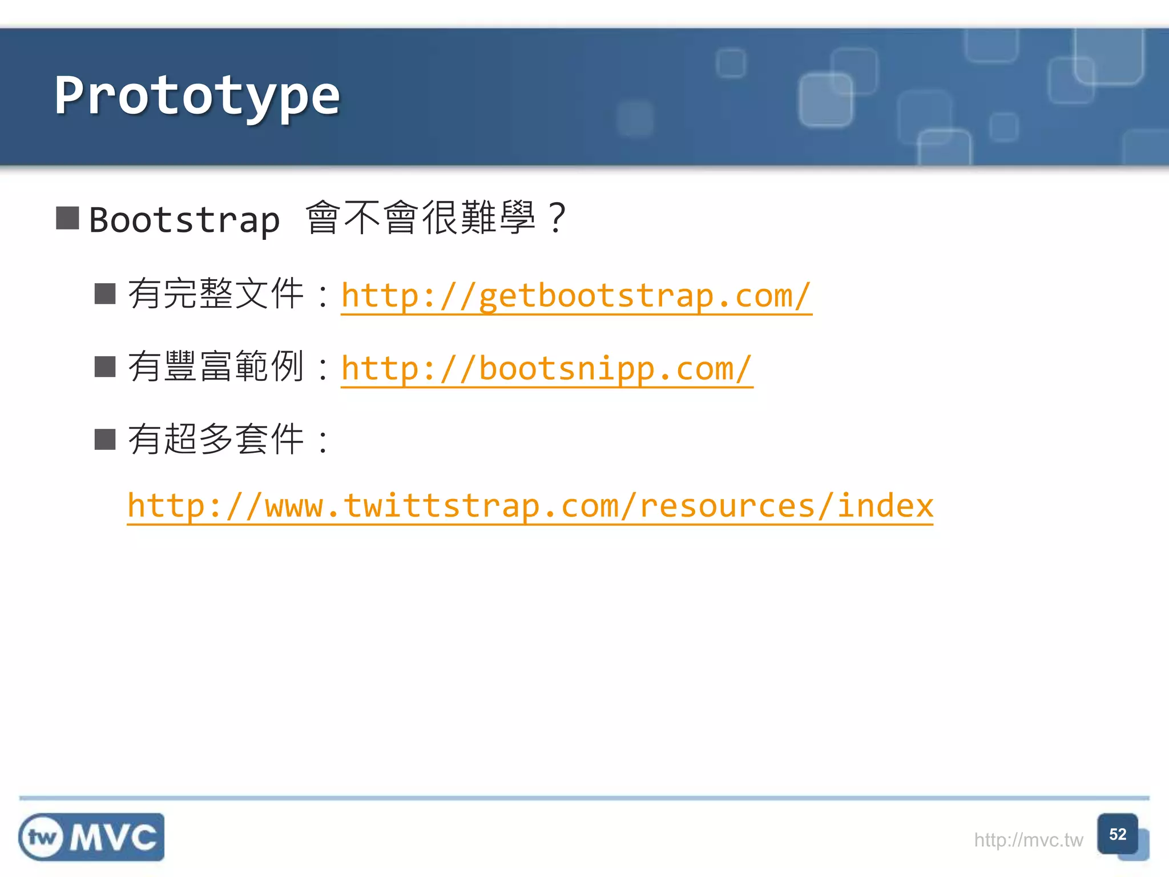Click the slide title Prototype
(x=197, y=96)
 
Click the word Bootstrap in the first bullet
(x=184, y=220)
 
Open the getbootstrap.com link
(x=576, y=296)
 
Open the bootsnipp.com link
(x=546, y=369)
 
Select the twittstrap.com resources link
(x=530, y=506)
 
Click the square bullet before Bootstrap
(x=67, y=218)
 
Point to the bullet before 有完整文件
(x=105, y=294)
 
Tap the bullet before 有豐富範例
(x=105, y=367)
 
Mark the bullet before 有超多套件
(x=105, y=440)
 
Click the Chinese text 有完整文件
(x=216, y=294)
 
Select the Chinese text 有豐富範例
(x=216, y=367)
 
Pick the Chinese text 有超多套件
(x=216, y=440)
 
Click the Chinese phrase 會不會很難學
(x=421, y=218)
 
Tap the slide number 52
(x=1117, y=834)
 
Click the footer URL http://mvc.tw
(x=1028, y=840)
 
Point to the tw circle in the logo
(x=42, y=838)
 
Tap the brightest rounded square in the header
(x=825, y=99)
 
